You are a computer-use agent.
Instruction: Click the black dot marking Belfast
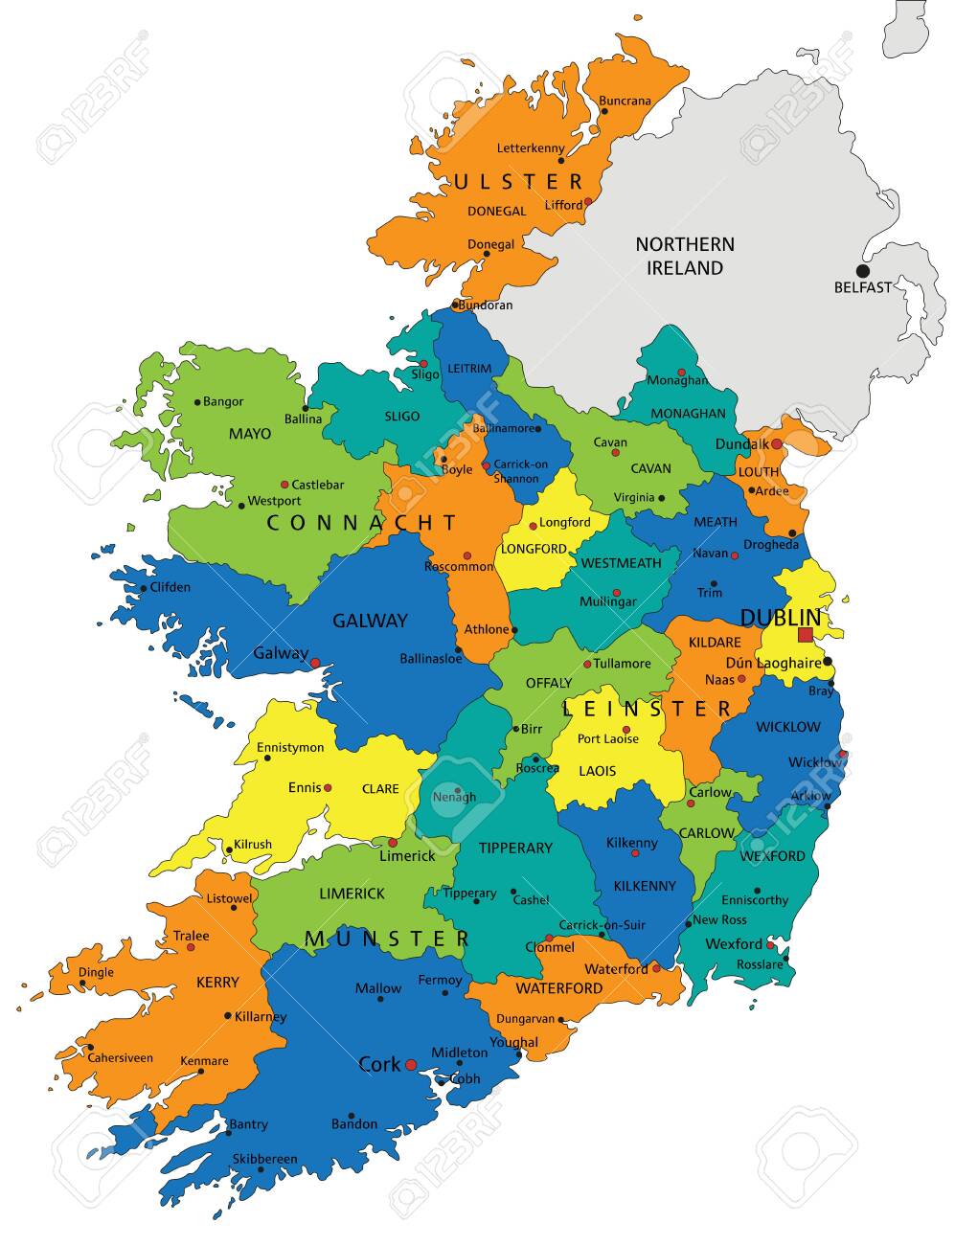coord(863,271)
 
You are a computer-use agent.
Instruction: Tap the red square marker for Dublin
coord(805,635)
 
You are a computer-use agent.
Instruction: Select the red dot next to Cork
coord(411,1064)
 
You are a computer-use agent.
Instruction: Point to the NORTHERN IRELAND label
coord(685,256)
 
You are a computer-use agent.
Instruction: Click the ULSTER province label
coord(518,182)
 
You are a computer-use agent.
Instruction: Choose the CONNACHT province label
coord(362,523)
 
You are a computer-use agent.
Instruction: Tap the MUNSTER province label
coord(387,939)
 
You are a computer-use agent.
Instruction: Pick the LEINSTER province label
coord(648,709)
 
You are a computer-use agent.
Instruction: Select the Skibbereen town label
coord(264,1160)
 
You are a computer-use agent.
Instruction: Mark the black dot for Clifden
coord(144,588)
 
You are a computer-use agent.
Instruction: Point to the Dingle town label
coord(96,972)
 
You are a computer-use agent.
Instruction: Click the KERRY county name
coord(216,983)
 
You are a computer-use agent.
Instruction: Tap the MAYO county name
coord(249,434)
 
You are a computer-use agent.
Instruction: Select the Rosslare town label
coord(759,964)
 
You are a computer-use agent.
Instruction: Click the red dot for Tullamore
coord(587,664)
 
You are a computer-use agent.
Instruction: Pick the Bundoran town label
coord(486,306)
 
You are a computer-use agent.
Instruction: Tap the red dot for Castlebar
coord(284,485)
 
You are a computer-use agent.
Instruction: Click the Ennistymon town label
coord(291,747)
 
